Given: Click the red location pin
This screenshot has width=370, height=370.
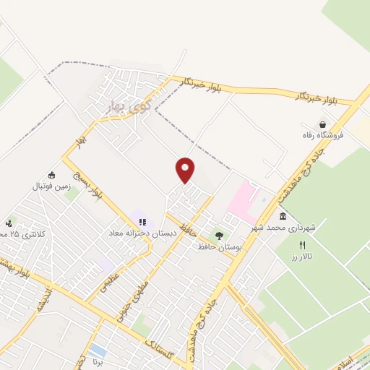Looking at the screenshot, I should pos(186,170).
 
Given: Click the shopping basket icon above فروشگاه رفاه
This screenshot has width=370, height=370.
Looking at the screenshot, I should pos(322,124).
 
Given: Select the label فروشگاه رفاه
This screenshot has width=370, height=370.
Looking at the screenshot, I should pos(322,135).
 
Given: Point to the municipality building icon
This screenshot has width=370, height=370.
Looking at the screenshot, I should pos(282,217).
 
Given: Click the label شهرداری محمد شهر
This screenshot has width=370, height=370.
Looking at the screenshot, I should pos(284,228).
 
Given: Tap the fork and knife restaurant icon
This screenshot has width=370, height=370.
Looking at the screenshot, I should pos(302,246).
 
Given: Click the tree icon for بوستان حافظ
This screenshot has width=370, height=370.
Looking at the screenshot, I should pos(219,236).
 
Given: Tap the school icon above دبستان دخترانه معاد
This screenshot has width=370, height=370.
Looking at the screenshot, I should pos(142,222).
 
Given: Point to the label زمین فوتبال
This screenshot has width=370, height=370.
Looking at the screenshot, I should pos(51,186).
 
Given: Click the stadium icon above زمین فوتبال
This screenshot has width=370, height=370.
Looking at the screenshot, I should pos(51,175).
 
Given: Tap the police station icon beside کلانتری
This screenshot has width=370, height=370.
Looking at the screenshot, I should pos(9,223).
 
